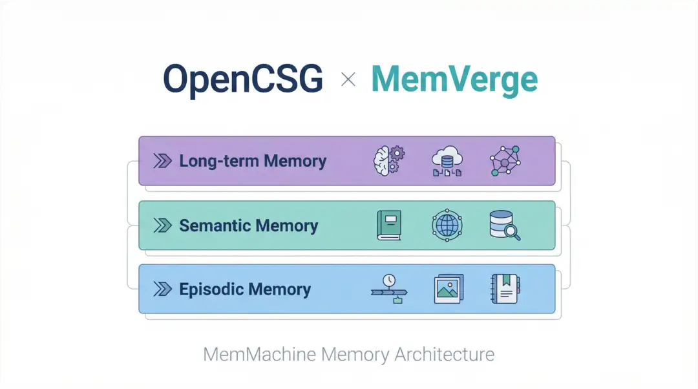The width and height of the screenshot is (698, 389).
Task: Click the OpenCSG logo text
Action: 242,79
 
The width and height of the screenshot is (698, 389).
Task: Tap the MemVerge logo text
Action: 454,79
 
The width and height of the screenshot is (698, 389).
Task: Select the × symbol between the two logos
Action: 348,79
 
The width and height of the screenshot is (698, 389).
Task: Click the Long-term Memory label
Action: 253,161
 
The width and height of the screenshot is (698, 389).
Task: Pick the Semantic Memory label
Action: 248,226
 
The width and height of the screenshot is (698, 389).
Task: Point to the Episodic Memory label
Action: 245,289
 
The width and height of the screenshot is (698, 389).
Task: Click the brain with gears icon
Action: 389,160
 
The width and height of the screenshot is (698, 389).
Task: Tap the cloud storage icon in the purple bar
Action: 447,160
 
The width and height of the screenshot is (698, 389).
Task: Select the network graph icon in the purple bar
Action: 505,160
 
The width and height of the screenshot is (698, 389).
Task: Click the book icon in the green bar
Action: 389,226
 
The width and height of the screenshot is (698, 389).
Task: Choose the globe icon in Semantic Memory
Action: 447,226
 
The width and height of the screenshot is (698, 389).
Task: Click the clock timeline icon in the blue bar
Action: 389,289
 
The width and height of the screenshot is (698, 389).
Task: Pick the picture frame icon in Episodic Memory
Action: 447,289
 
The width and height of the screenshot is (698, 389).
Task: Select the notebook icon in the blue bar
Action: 505,289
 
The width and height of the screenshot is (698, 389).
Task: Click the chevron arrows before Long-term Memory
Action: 162,161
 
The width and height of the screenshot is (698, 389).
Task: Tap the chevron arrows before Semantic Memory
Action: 162,226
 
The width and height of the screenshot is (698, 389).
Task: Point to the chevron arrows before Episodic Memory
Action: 162,289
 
